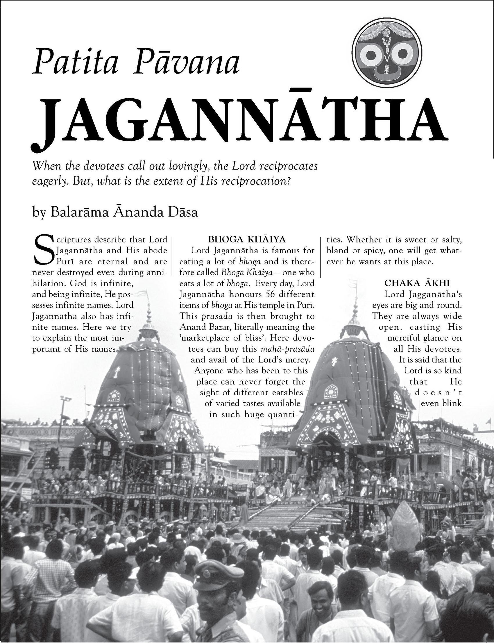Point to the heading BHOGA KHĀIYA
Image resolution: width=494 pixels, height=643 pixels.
pos(247,240)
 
